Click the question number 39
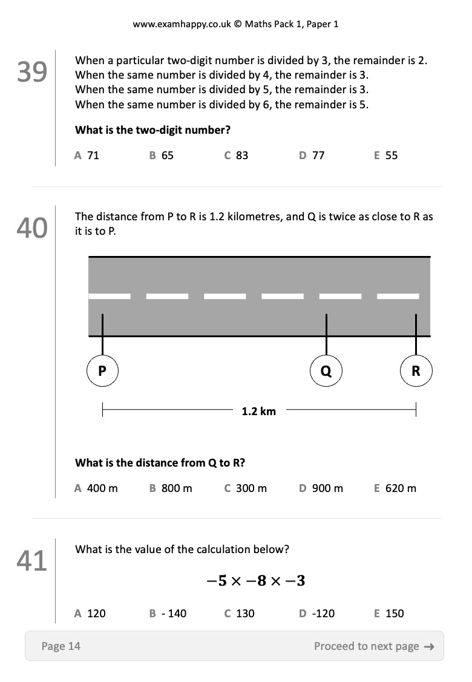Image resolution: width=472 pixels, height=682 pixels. point(31,71)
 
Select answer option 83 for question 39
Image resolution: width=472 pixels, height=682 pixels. point(236,156)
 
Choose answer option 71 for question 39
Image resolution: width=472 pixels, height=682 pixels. point(87,156)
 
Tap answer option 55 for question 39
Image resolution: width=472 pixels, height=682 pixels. point(386,156)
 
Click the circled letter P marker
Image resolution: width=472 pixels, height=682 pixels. point(102,370)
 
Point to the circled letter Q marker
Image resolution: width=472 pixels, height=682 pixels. point(326,370)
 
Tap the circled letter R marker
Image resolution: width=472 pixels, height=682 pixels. point(416,370)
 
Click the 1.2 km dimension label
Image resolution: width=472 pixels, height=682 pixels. point(259,411)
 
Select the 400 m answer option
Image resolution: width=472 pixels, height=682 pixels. point(96,488)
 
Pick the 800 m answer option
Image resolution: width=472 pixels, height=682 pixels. point(171,488)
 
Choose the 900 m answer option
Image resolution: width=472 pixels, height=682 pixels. point(321,488)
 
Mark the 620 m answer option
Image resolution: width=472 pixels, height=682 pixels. point(395,488)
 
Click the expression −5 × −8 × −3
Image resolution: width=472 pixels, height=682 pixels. point(256,581)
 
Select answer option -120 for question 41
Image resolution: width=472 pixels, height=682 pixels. point(316,613)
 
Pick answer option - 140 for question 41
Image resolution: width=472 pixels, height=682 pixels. point(168,613)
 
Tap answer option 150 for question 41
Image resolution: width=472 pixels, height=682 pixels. point(389,613)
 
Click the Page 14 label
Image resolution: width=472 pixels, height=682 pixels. point(61,646)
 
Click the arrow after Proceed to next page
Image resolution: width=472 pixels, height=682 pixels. point(429,647)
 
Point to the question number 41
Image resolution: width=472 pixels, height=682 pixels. point(31,560)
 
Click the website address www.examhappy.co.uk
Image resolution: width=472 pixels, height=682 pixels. point(182,24)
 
